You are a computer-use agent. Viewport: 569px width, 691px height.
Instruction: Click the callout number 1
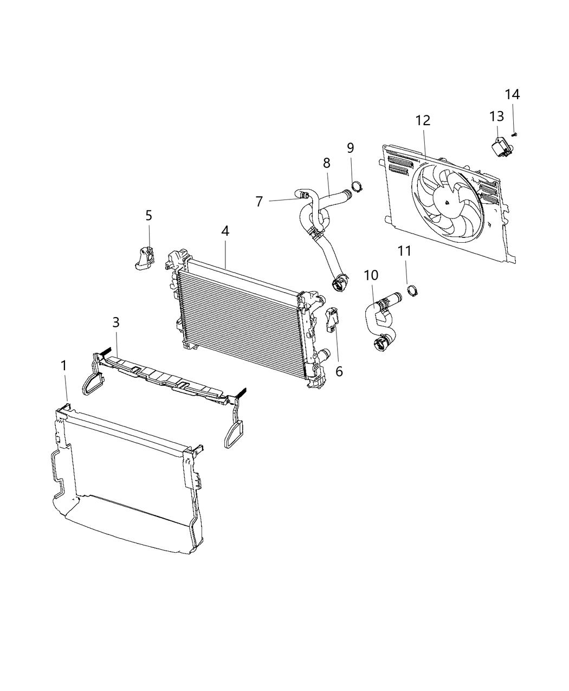pos(64,366)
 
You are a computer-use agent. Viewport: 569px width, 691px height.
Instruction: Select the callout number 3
pos(115,322)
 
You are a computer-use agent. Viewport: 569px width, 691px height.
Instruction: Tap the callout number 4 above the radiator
pos(225,231)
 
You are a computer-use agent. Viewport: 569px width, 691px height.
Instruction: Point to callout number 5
pos(148,216)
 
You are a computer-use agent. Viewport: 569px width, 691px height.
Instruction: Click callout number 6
pos(339,371)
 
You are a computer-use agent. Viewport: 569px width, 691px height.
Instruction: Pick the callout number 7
pos(259,202)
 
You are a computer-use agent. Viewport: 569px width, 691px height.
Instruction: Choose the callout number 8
pos(326,163)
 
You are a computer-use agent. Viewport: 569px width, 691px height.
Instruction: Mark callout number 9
pos(350,147)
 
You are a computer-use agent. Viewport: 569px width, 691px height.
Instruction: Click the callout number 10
pos(371,275)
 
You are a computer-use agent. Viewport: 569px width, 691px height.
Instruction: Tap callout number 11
pos(404,251)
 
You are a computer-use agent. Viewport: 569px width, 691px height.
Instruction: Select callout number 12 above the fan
pos(423,120)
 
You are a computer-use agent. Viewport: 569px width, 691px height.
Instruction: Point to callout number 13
pos(496,117)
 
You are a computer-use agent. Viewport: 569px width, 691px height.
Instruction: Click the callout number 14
pos(512,94)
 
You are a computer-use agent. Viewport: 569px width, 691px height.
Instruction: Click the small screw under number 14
pos(514,134)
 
